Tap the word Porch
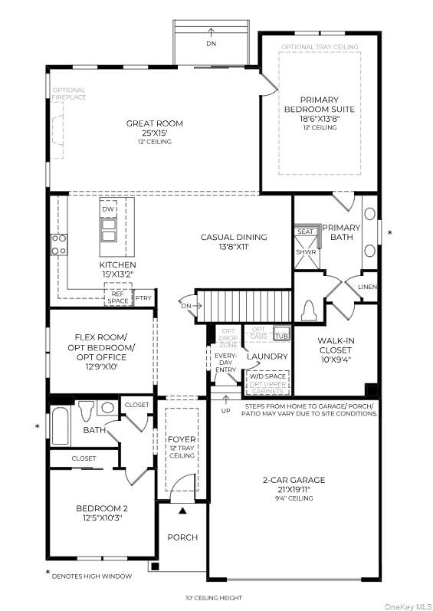[x=182, y=537]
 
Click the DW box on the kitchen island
[x=110, y=209]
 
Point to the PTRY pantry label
[x=143, y=297]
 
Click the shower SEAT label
[x=306, y=232]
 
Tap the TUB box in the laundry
[x=281, y=335]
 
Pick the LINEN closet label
[x=368, y=287]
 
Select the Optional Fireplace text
[x=69, y=94]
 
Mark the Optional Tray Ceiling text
[x=319, y=47]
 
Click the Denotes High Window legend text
[x=93, y=576]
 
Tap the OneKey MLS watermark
[x=404, y=604]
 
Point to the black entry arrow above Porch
[x=182, y=509]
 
